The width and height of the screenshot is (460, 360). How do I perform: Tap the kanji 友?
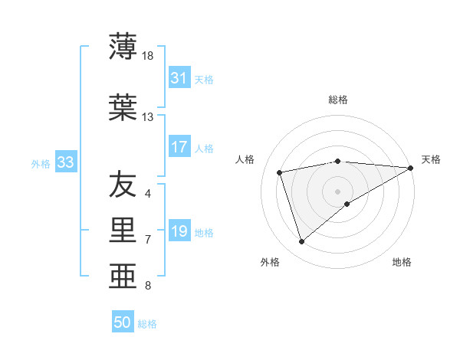coord(122,183)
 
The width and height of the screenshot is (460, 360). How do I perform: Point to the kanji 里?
coord(122,229)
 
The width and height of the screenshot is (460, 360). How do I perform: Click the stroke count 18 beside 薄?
coord(149,56)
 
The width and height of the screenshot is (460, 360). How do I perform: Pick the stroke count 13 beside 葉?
coord(148,117)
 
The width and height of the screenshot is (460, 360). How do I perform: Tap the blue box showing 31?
coord(179,78)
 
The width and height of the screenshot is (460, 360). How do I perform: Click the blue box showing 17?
coord(179,147)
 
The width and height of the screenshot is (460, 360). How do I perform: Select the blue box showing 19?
coord(179,231)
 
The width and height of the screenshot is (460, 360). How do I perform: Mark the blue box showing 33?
coord(65,162)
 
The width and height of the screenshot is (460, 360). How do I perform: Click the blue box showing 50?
coord(123,322)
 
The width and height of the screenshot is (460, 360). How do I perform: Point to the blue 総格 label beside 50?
coord(147,324)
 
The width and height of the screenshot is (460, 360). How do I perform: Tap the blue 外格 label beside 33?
coord(41,163)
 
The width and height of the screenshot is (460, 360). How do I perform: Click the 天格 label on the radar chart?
coord(431,159)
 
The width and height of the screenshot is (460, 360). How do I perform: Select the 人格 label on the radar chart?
coord(245,159)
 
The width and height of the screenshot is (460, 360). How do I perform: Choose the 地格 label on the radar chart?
coord(402,262)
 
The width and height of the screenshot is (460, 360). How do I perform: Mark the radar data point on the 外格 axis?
coord(301,242)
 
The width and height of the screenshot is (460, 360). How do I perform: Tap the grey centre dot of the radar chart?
coord(337,191)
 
